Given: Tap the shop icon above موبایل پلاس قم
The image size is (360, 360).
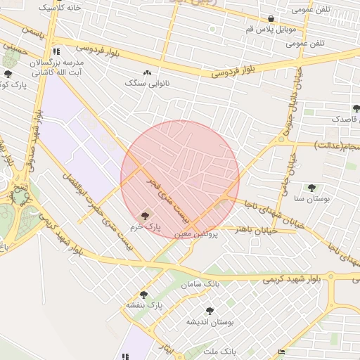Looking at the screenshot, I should coord(271,18).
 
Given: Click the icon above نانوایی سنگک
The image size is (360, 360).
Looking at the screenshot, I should coord(147,72).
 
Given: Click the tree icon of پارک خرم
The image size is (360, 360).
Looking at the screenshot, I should coord(146,216).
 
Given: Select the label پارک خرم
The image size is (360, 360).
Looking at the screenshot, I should coord(148,227).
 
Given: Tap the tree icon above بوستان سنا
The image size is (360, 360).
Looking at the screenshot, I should coord(311,188).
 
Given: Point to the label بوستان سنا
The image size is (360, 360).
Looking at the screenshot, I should coord(310,199).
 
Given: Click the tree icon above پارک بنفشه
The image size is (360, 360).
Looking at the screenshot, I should coord(144,295).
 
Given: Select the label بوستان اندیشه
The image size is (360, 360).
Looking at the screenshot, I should coord(210,321).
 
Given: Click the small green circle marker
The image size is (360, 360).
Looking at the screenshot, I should coord(212,30).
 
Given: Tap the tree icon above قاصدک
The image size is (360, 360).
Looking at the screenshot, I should coord(356,108).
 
